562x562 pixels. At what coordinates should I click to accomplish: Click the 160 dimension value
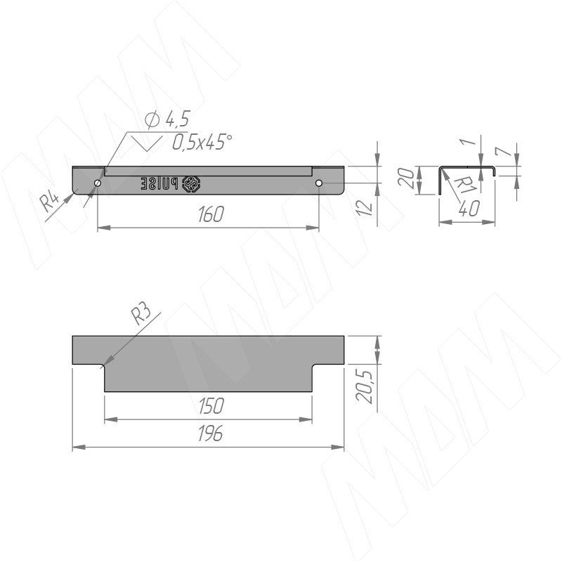[211, 214]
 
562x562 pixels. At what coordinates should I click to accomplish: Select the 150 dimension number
[211, 406]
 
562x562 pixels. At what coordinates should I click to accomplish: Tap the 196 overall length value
[210, 433]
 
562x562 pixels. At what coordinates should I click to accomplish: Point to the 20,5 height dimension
[365, 387]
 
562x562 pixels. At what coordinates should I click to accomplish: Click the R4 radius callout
[48, 202]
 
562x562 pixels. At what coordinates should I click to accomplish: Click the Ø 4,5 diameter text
[167, 119]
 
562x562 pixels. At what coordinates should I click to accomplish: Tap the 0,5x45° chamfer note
[202, 143]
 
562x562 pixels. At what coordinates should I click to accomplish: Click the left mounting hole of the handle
[98, 183]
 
